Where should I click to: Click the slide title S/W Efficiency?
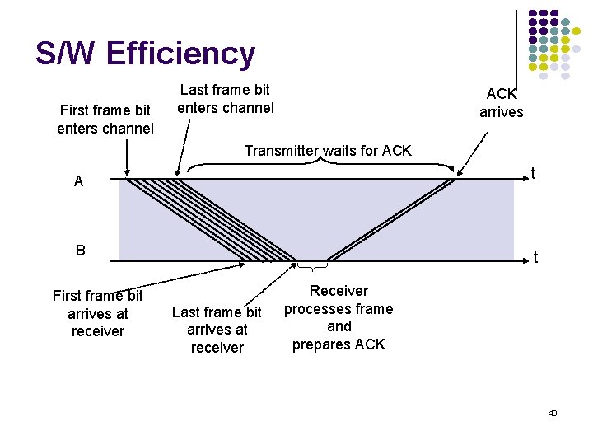point(145,54)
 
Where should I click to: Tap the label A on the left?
point(78,181)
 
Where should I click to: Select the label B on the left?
point(80,250)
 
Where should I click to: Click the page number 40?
point(553,412)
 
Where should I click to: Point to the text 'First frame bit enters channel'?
point(105,119)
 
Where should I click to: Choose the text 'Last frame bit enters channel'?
point(226,99)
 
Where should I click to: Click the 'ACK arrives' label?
point(501,102)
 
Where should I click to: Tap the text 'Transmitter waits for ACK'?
point(328,151)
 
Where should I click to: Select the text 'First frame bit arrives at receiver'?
point(97,313)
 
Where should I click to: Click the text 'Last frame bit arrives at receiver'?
point(217,330)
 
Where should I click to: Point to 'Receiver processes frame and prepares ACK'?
point(339,317)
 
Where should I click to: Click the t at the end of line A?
point(534,173)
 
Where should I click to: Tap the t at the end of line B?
point(535,258)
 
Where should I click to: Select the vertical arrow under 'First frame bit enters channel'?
point(127,157)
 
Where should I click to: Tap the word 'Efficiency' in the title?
point(180,54)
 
